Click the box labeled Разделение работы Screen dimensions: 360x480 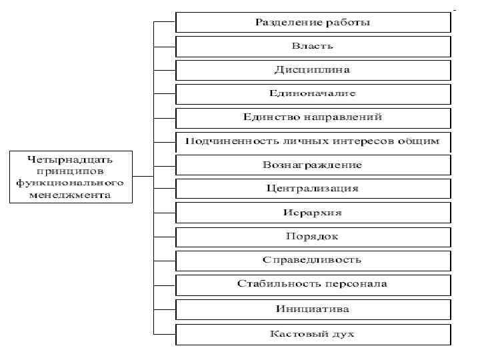point(313,22)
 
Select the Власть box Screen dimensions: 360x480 point(313,46)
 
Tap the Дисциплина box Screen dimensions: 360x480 point(313,70)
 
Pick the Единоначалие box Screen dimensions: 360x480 point(313,93)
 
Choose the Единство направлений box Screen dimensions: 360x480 point(313,117)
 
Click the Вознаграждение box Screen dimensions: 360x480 point(313,165)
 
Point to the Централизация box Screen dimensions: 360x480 point(313,189)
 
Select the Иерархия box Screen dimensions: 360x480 point(313,213)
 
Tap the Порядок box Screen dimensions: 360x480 point(313,237)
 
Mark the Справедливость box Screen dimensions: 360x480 point(313,260)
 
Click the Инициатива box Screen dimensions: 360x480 point(313,309)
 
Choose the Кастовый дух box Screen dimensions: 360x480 point(313,333)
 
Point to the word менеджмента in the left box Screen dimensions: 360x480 point(70,195)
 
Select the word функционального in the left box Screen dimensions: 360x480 point(70,183)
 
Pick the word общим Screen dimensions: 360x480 point(419,141)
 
